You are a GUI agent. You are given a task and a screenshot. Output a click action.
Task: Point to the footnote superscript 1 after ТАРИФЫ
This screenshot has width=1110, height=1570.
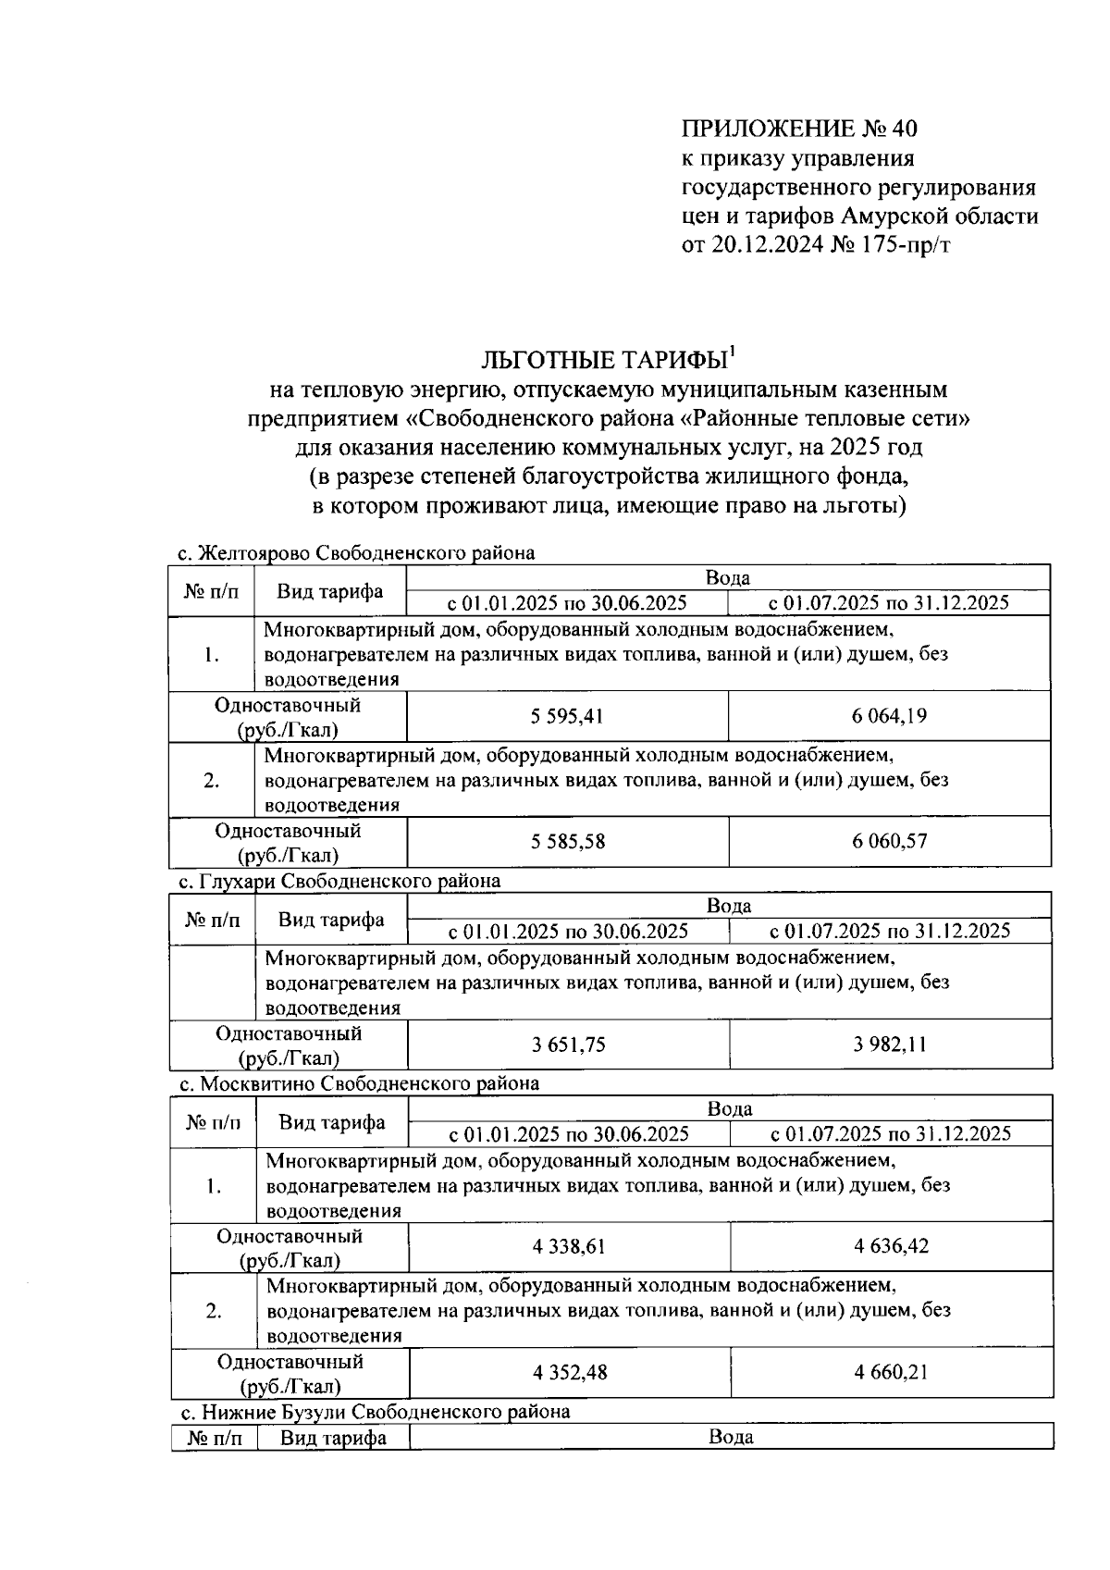[x=732, y=350]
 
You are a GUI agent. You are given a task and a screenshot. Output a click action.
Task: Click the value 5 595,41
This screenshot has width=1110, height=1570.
[x=568, y=716]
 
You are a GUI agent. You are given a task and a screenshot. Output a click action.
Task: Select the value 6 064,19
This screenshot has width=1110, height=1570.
[x=889, y=716]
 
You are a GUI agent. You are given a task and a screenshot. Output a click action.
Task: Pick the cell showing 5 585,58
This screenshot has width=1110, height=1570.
[x=568, y=842]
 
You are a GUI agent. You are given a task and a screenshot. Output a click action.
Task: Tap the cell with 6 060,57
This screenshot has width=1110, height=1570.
[x=889, y=842]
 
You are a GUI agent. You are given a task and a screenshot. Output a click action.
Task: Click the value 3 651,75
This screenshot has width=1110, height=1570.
[x=568, y=1045]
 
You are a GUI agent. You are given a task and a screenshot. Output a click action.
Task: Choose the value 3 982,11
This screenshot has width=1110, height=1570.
[x=889, y=1045]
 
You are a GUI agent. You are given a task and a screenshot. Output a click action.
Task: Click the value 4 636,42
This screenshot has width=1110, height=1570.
[x=891, y=1246]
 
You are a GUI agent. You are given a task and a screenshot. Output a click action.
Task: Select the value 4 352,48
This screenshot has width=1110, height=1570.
[x=570, y=1372]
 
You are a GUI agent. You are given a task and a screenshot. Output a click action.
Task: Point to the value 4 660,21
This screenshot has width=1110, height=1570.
[x=891, y=1372]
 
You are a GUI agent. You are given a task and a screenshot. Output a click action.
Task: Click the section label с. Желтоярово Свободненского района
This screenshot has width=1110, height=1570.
[x=356, y=553]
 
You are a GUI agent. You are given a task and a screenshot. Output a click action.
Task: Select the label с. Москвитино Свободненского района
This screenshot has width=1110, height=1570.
[x=359, y=1083]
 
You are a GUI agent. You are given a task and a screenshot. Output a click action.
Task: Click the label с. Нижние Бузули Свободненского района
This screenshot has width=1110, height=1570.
[x=375, y=1412]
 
